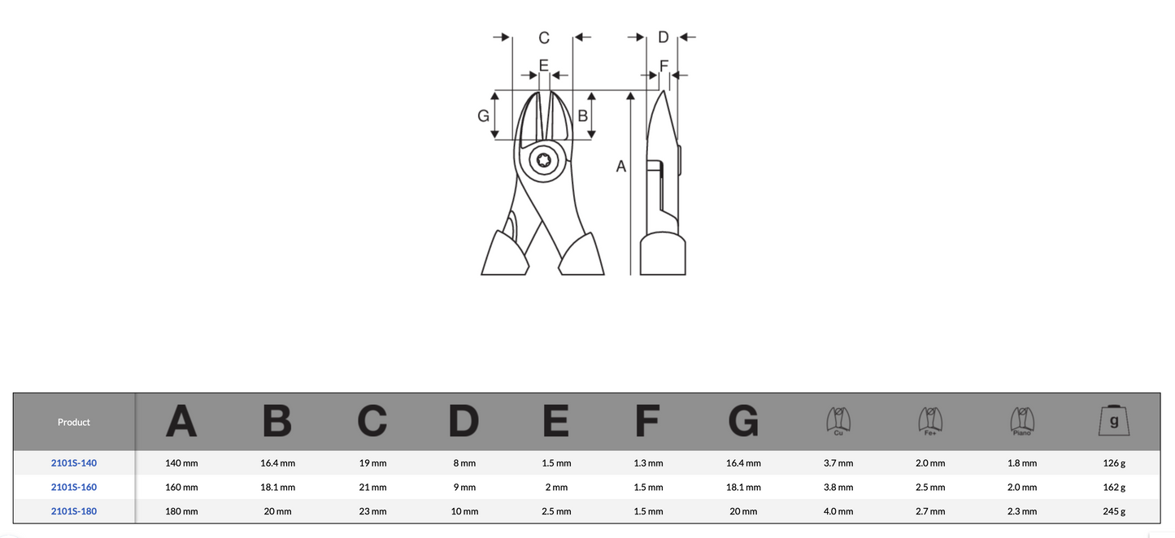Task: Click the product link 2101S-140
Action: [74, 463]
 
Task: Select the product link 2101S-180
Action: [74, 511]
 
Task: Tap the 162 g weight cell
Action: [1114, 487]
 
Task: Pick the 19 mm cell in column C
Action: [373, 463]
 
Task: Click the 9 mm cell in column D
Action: [465, 487]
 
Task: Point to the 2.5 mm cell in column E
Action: [556, 511]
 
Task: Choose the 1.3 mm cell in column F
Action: [648, 463]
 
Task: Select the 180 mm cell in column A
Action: [181, 511]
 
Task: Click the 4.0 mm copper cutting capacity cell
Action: [838, 511]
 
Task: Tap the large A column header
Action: [181, 421]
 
